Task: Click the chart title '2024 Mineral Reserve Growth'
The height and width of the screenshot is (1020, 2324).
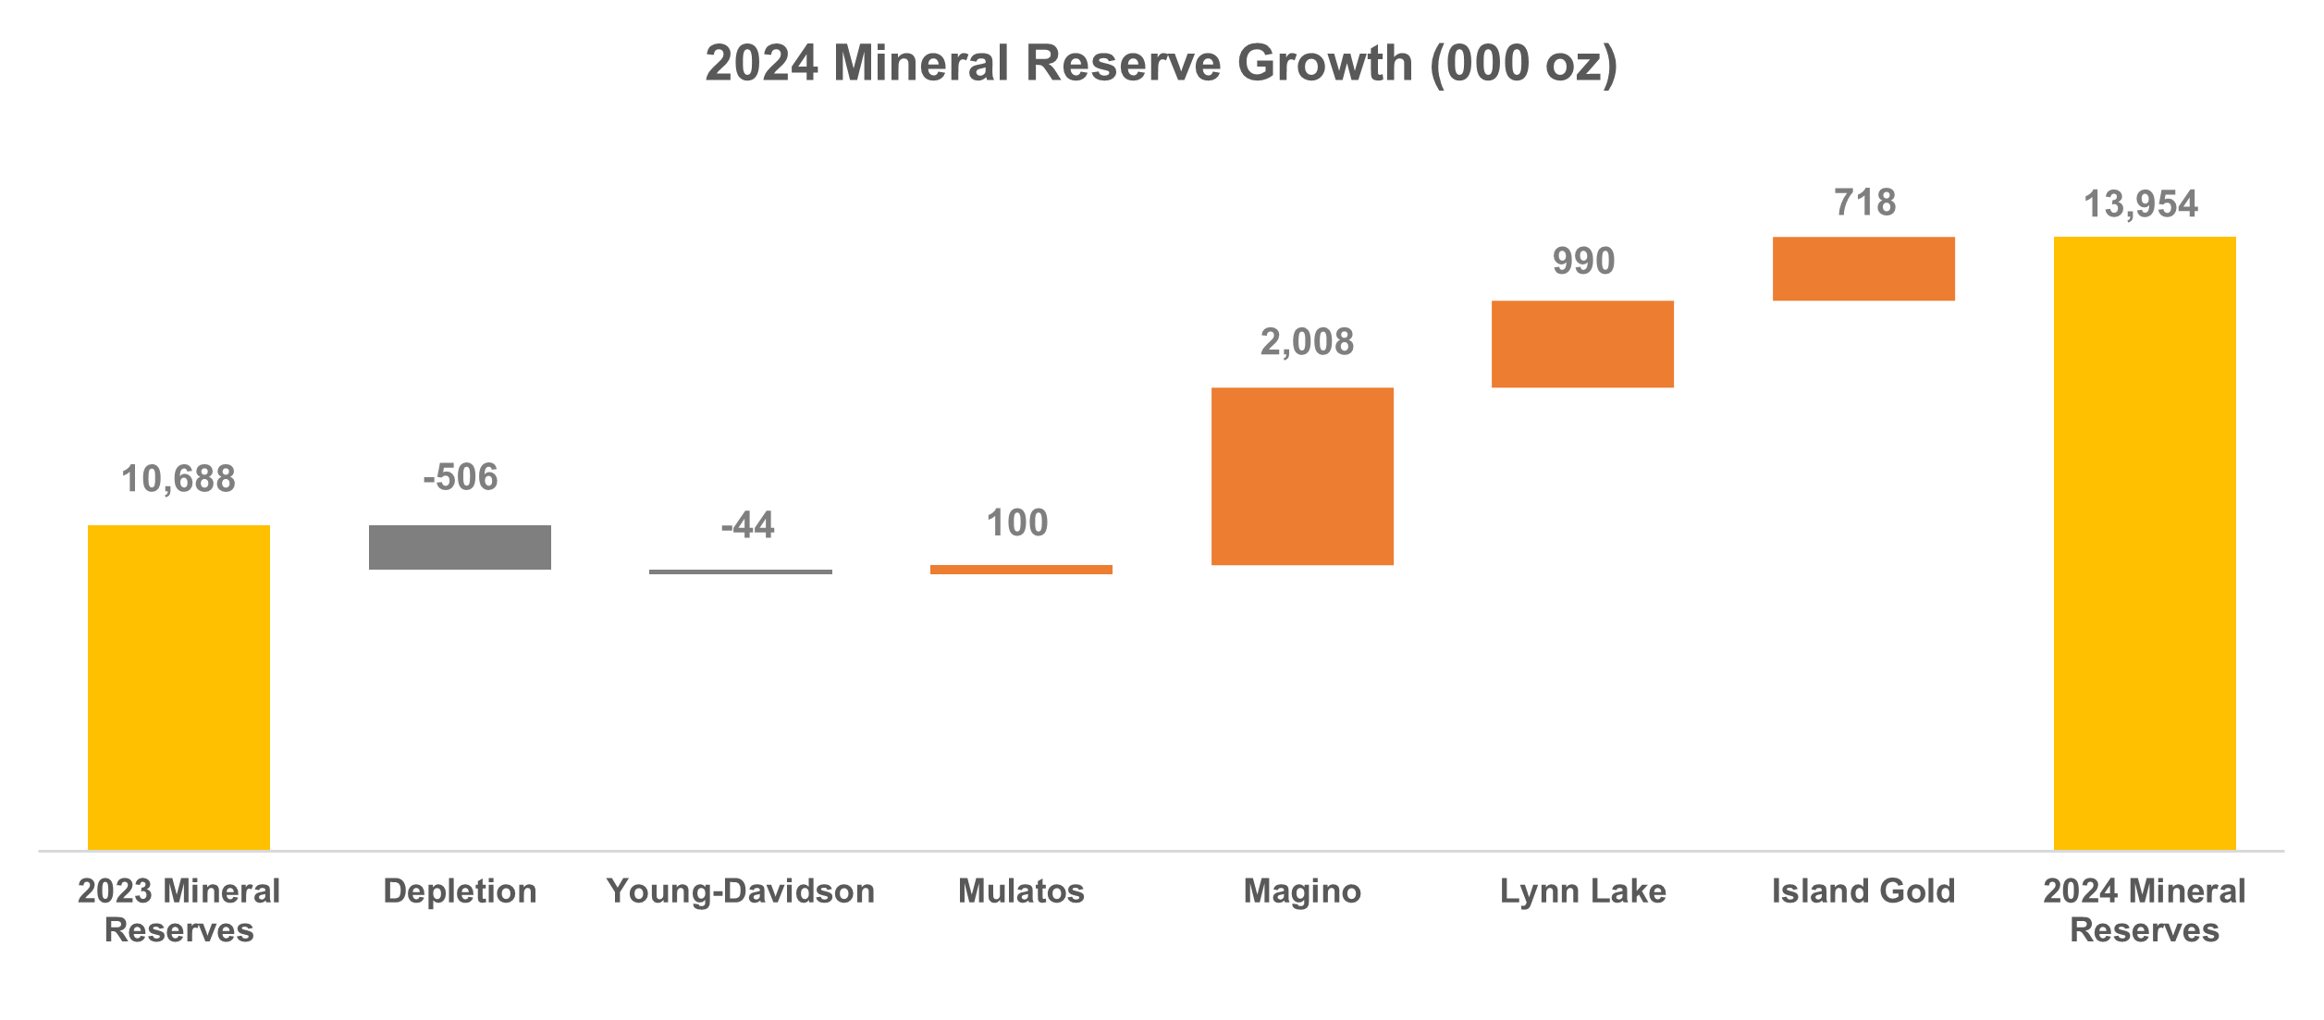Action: click(x=1161, y=64)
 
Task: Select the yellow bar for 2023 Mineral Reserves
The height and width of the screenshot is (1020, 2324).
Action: click(x=178, y=687)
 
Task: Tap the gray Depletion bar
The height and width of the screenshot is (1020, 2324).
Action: click(x=460, y=547)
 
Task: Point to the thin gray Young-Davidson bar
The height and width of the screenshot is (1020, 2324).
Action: click(x=740, y=571)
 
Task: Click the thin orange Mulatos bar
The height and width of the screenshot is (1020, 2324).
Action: click(x=1021, y=570)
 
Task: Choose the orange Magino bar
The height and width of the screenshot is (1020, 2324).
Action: click(x=1302, y=476)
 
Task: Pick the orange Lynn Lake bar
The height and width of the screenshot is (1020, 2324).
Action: click(x=1582, y=344)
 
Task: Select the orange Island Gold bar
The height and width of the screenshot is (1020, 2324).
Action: click(x=1863, y=269)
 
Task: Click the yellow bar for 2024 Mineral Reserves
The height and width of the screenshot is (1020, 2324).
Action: click(x=2145, y=543)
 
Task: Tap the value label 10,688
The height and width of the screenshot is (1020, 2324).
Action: click(x=178, y=480)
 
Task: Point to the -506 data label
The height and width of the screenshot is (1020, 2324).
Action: click(x=460, y=478)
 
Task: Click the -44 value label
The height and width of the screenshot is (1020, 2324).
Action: click(x=747, y=526)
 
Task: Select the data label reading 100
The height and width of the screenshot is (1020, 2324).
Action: click(x=1017, y=524)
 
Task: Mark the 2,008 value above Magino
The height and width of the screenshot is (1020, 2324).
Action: click(x=1307, y=343)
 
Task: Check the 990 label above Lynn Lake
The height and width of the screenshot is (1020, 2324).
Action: click(x=1583, y=262)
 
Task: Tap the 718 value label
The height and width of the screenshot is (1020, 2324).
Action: click(x=1864, y=203)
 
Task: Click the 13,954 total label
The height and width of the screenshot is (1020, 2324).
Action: click(x=2140, y=205)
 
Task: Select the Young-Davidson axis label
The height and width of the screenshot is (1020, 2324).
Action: click(x=740, y=891)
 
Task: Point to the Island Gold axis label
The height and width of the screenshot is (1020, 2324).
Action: click(x=1863, y=891)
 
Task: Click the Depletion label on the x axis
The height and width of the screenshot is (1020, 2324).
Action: click(x=460, y=891)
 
